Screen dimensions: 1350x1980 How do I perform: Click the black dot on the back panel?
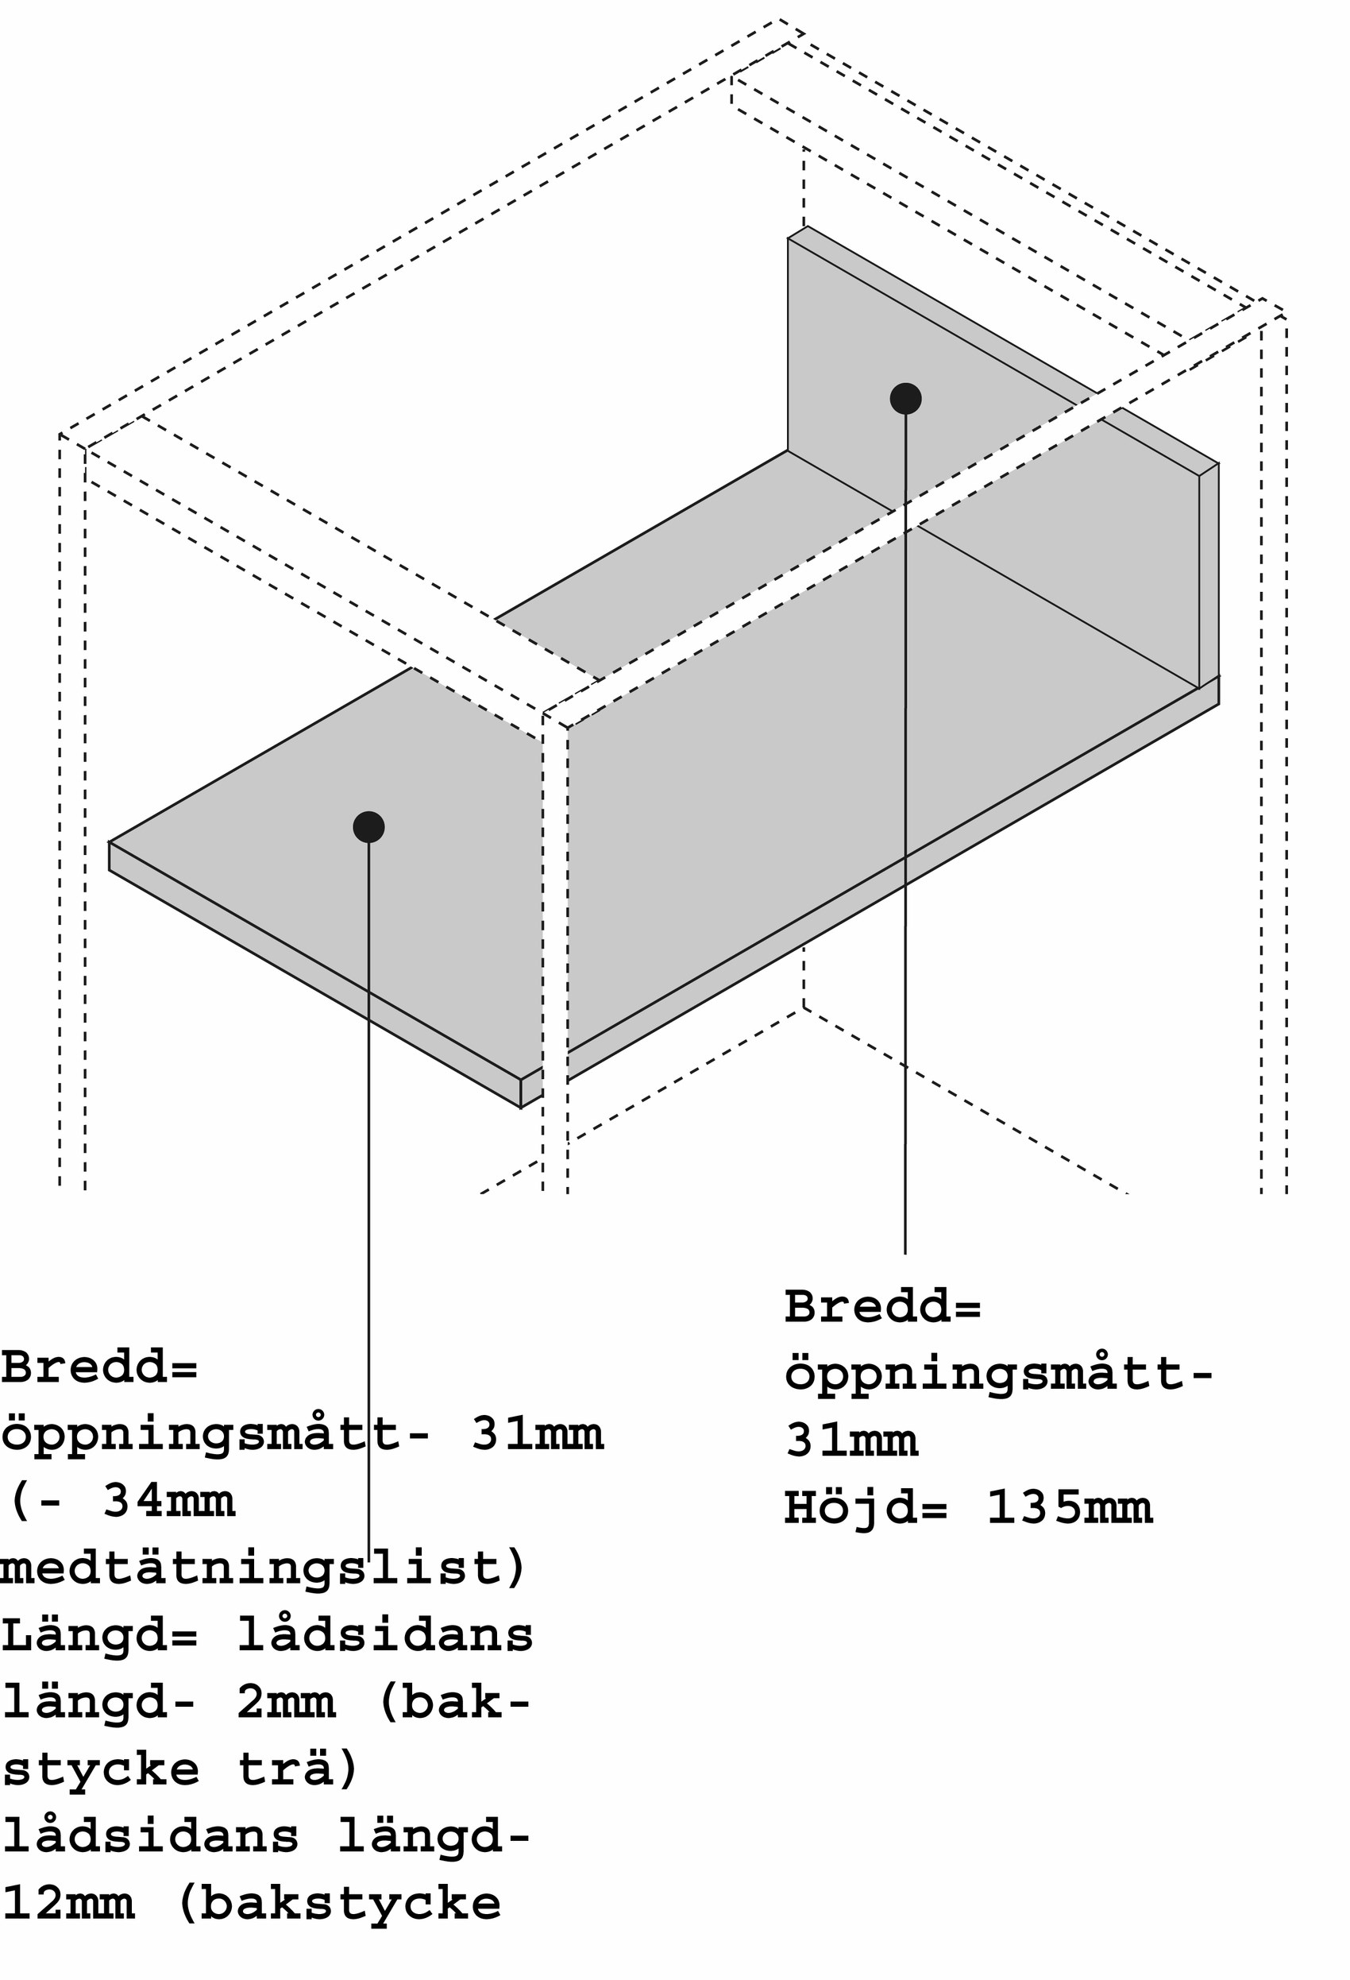coord(905,398)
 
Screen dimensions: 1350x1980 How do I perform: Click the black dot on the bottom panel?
coord(368,826)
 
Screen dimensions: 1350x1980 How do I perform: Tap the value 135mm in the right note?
coord(1069,1507)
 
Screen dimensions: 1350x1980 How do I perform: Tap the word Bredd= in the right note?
coord(883,1306)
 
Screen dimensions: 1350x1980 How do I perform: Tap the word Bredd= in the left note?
coord(99,1367)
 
